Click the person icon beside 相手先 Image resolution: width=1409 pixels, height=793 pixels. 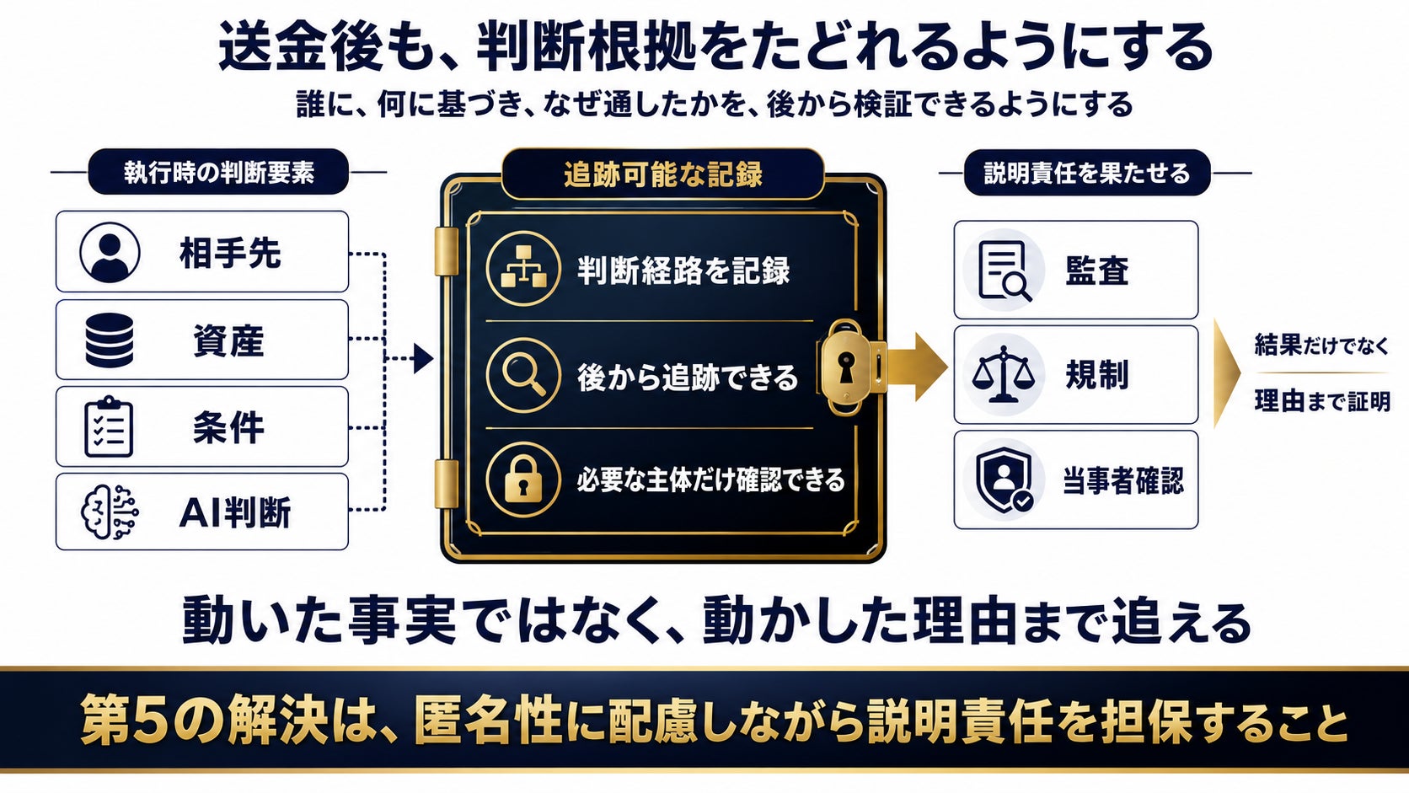point(110,252)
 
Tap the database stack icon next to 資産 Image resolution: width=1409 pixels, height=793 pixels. point(110,340)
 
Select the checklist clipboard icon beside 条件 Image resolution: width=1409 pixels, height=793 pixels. point(109,427)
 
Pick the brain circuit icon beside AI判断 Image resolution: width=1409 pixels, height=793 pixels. point(110,512)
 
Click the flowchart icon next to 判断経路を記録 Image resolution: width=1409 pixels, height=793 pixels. point(523,269)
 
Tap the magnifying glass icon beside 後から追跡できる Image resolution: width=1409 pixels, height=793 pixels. point(523,376)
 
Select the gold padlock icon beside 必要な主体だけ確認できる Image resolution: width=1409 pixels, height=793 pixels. point(523,480)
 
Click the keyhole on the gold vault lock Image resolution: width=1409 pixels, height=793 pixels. point(846,367)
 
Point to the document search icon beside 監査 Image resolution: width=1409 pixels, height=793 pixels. point(1005,271)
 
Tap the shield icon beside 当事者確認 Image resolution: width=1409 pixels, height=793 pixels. point(1005,480)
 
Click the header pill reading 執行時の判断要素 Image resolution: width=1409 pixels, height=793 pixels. point(218,172)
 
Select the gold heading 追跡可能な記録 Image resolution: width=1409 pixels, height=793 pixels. point(663,174)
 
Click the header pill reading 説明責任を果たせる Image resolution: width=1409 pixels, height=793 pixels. point(1087,172)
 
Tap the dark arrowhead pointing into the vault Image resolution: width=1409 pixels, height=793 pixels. point(423,359)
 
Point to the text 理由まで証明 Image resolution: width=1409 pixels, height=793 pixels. point(1322,400)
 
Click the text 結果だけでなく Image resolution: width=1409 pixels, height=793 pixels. point(1321,345)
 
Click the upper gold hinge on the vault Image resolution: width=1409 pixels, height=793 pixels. point(447,251)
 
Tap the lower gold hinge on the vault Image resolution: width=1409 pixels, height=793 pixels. point(447,485)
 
